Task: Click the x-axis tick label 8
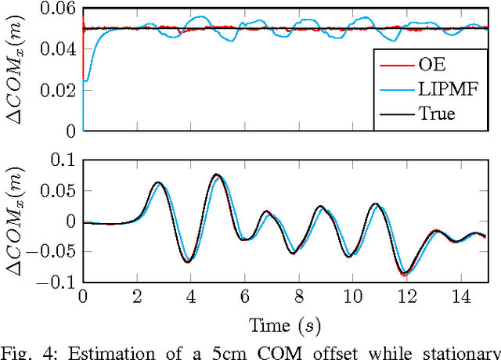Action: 298,298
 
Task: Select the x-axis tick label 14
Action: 460,298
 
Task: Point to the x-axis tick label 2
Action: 136,298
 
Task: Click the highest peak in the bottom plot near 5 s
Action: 217,175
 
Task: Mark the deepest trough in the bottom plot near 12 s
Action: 405,275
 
